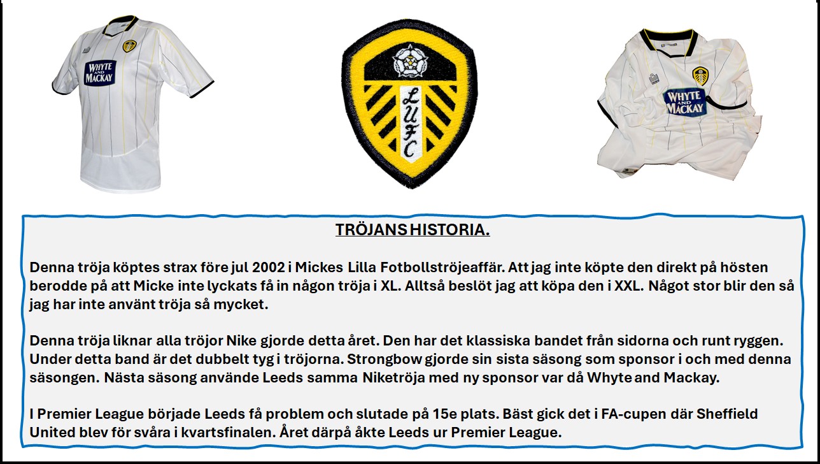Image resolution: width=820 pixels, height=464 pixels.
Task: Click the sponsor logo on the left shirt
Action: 101,73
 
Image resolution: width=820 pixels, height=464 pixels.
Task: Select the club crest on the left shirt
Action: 129,46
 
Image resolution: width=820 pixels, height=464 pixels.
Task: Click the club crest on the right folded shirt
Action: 700,76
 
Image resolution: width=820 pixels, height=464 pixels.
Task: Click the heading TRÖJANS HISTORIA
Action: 413,230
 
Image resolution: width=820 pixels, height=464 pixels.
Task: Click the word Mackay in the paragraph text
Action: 691,377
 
